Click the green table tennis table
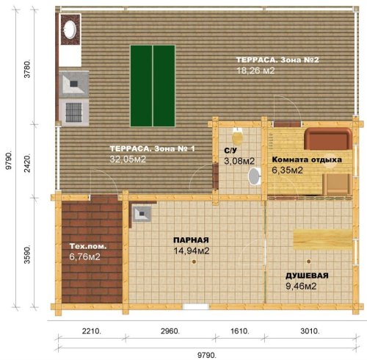[153, 86]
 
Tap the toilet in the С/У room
[238, 136]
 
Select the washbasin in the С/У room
[255, 176]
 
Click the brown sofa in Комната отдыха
[328, 138]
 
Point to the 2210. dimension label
[92, 331]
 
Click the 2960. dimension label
[170, 331]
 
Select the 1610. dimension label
[240, 331]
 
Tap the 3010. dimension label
[310, 331]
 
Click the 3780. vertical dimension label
[27, 68]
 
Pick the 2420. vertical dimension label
[27, 163]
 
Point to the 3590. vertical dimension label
[27, 253]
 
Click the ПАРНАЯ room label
[191, 240]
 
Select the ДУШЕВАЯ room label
[307, 276]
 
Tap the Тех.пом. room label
[88, 246]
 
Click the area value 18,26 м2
[255, 71]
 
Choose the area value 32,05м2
[128, 159]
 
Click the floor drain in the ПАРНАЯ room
[194, 262]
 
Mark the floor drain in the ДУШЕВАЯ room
[308, 262]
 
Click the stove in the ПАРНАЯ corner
[142, 214]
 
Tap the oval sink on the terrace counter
[70, 29]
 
